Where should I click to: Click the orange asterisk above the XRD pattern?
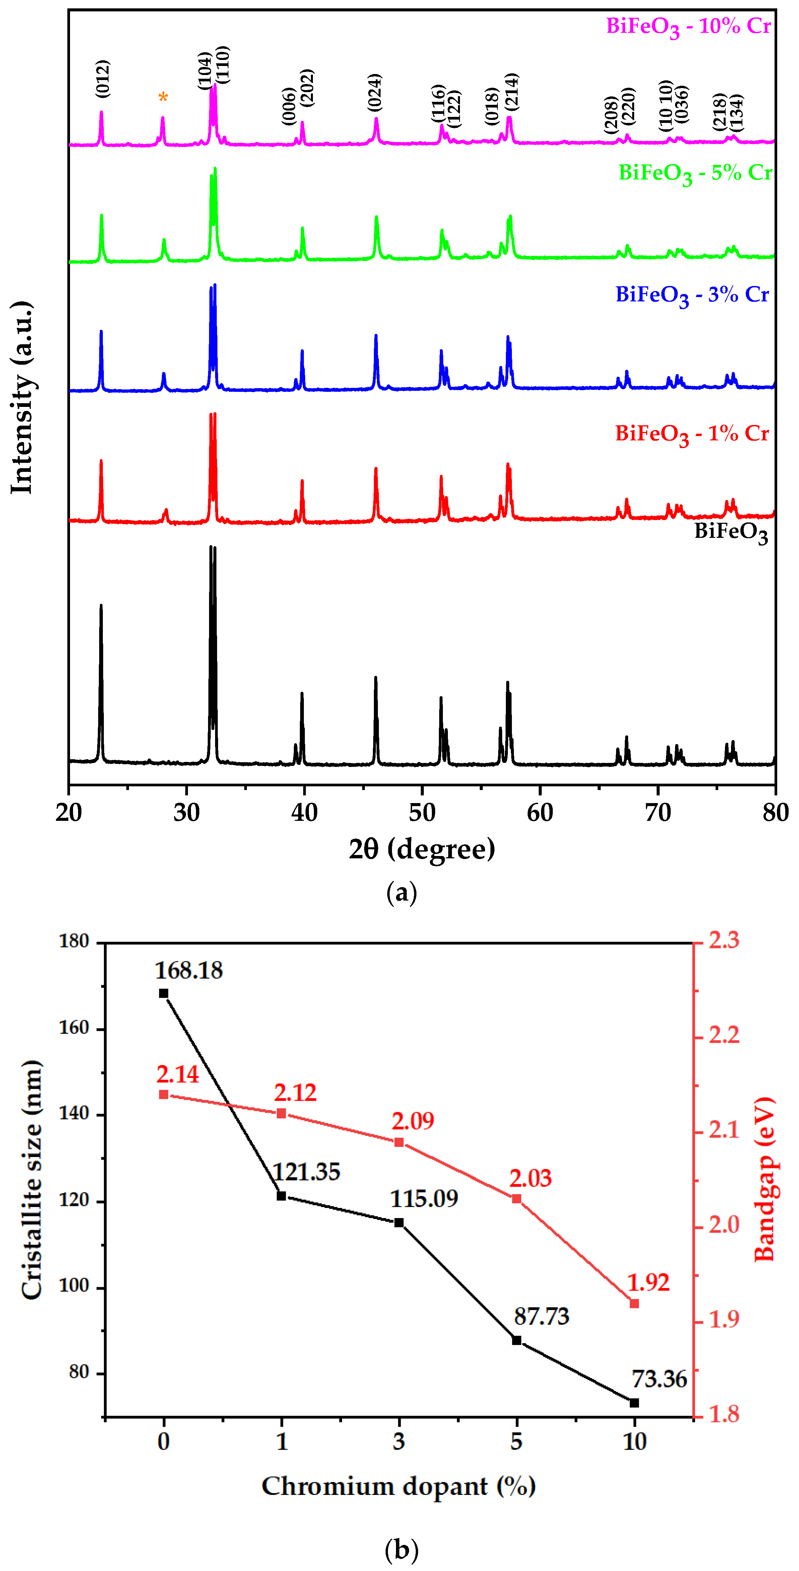coord(163,97)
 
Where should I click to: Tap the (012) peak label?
coord(103,79)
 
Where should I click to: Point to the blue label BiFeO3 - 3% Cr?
coord(692,295)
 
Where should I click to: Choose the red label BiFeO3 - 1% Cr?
coord(692,434)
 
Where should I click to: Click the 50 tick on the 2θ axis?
coord(422,813)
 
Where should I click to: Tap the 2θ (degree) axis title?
coord(422,849)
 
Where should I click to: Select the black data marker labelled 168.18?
coord(163,993)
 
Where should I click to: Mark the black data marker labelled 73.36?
coord(634,1403)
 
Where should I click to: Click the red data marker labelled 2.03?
coord(517,1199)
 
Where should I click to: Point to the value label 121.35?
coord(306,1172)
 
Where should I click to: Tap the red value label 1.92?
coord(648,1283)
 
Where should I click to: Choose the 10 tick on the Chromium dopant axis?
coord(634,1442)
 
